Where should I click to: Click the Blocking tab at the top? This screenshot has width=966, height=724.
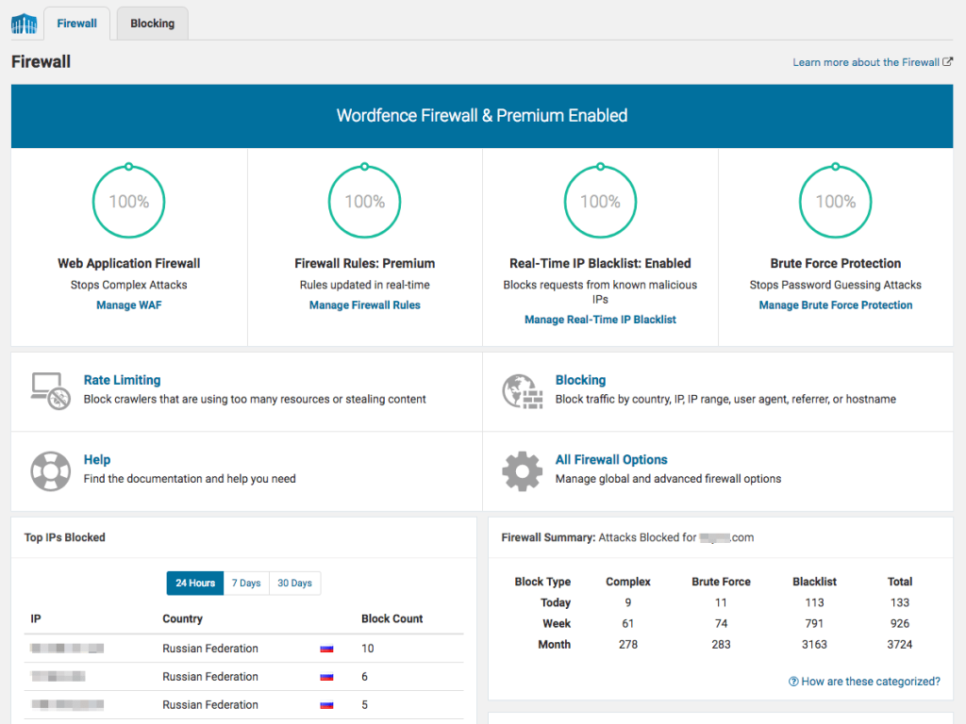click(152, 24)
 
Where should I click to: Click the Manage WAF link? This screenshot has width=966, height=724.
click(129, 305)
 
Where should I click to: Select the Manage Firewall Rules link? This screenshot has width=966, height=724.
click(365, 305)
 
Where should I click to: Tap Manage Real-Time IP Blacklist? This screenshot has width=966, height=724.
click(600, 320)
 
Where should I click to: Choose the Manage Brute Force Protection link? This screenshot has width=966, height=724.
click(836, 305)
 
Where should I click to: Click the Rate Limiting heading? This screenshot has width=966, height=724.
click(122, 380)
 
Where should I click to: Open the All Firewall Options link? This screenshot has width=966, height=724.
click(611, 460)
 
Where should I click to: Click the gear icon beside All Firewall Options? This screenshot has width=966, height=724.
click(522, 470)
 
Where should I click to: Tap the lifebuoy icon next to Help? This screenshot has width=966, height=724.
click(50, 470)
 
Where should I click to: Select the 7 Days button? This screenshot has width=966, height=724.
click(246, 584)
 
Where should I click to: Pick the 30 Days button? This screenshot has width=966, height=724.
click(294, 584)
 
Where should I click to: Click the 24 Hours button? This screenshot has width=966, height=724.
click(195, 584)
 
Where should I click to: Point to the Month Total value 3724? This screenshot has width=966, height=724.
click(900, 645)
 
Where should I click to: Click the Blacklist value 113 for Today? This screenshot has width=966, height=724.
click(814, 602)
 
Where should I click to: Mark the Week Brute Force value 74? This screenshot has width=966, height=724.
click(721, 623)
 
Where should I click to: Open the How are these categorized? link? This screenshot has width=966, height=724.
click(864, 682)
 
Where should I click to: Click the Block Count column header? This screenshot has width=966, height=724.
click(392, 619)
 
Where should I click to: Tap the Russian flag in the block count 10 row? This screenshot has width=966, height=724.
click(327, 649)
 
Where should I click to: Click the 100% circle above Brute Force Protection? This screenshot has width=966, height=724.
click(836, 202)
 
